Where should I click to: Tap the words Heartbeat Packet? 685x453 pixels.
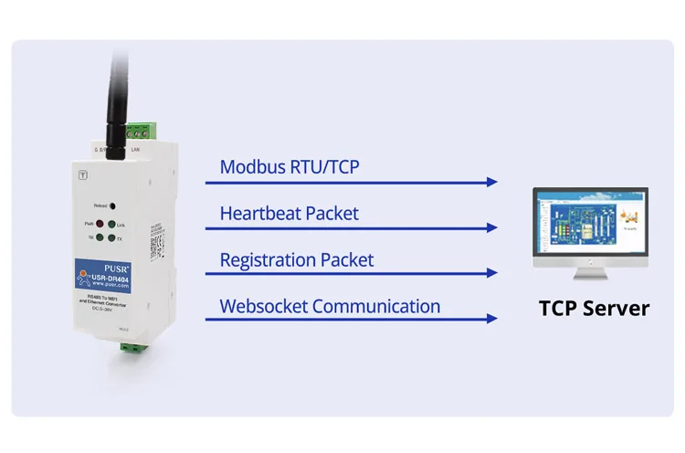290,214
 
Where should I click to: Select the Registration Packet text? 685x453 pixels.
297,259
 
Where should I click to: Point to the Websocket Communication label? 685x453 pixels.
330,306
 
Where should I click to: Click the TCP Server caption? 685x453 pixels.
594,308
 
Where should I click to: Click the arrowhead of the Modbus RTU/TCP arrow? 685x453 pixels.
492,182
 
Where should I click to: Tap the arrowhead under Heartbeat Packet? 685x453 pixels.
492,227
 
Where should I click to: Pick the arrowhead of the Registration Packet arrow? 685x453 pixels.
492,273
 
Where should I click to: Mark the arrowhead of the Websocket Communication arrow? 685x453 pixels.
492,319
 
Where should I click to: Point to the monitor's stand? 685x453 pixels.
591,270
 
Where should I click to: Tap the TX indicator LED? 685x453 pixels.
111,238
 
